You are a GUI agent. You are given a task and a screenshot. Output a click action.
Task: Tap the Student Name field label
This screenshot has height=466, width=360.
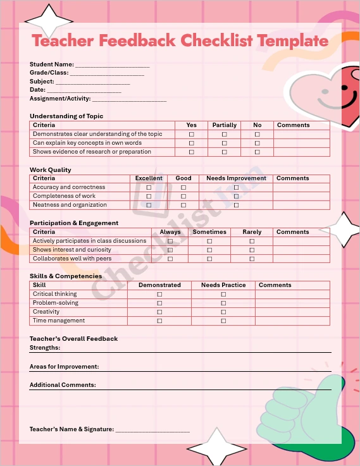pos(52,64)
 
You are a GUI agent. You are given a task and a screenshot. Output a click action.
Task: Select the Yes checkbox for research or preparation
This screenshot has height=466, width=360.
pos(192,152)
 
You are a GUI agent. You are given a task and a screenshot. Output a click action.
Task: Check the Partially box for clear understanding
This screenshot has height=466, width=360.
pos(224,135)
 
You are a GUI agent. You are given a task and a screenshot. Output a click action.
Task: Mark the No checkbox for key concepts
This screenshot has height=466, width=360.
pos(258,144)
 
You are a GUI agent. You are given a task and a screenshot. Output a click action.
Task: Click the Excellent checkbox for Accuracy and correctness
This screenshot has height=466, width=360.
pos(149,188)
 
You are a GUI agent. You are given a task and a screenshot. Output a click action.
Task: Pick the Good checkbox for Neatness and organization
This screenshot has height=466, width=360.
pos(183,205)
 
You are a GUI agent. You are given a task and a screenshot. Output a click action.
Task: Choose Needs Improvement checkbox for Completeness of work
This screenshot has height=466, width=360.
pos(236,197)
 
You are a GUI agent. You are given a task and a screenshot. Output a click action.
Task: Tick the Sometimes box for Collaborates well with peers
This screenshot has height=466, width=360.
pos(209,259)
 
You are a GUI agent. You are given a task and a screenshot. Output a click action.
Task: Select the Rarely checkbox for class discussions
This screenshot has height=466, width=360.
pos(252,242)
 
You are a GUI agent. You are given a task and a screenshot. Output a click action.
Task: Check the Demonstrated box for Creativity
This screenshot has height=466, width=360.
pos(159,312)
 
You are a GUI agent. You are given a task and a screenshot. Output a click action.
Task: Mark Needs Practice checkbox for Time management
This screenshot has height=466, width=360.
pos(223,321)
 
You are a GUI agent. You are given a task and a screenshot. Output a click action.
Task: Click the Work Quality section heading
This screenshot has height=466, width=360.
pos(51,170)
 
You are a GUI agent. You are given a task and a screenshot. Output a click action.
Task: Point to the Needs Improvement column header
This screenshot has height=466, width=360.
pos(236,178)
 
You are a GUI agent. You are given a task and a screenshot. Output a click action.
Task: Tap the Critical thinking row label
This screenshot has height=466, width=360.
pos(55,294)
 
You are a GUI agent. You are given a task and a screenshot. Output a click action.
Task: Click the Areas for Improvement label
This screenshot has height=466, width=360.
pos(64,367)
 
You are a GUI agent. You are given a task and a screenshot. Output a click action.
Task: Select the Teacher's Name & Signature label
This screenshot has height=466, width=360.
pos(71,429)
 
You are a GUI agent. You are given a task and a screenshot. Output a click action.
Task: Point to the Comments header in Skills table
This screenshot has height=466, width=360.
pos(275,285)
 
